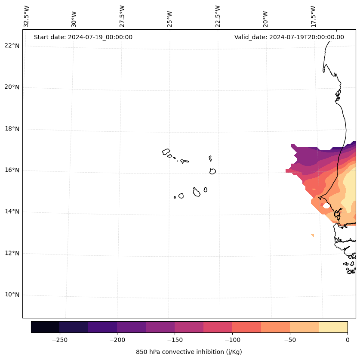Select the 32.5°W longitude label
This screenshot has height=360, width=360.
pyautogui.click(x=27, y=16)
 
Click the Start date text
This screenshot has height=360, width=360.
pyautogui.click(x=83, y=37)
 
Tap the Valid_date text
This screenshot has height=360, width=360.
pyautogui.click(x=289, y=37)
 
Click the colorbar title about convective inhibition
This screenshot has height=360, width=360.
pyautogui.click(x=189, y=352)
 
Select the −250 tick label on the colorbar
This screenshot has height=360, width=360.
pyautogui.click(x=59, y=339)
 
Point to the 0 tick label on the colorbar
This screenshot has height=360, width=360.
pyautogui.click(x=347, y=339)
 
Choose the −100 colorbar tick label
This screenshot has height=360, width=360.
pyautogui.click(x=232, y=339)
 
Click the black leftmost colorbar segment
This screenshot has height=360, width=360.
pyautogui.click(x=45, y=327)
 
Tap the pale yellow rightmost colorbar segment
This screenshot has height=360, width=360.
pyautogui.click(x=333, y=327)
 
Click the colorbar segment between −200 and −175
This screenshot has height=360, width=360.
pyautogui.click(x=131, y=327)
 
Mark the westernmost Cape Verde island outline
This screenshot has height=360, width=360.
pyautogui.click(x=166, y=152)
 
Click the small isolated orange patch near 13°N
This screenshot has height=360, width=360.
pyautogui.click(x=312, y=235)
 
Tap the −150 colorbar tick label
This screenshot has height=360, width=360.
pyautogui.click(x=175, y=339)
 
